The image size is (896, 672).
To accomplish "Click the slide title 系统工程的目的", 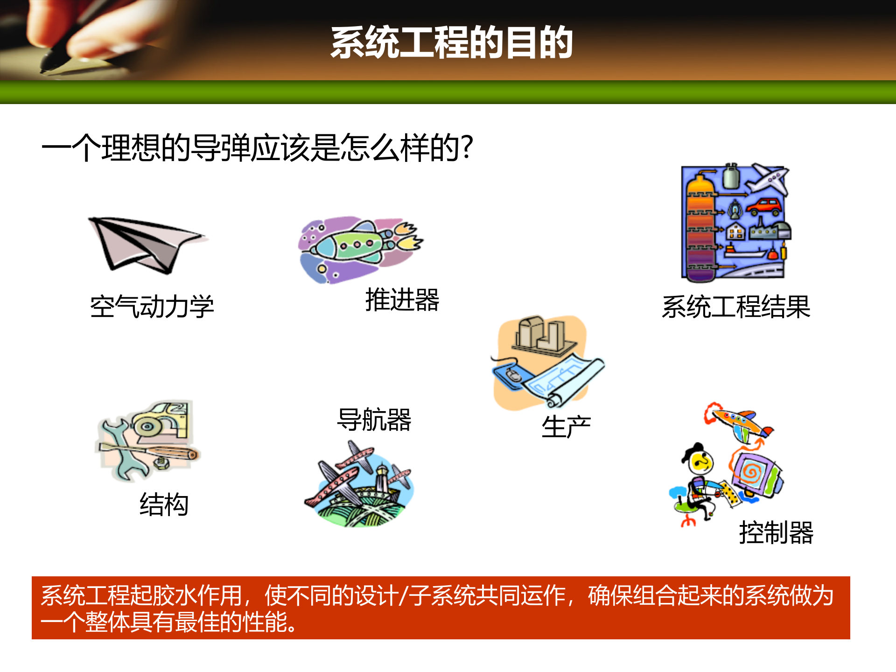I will [451, 42].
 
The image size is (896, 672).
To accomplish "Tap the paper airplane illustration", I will [145, 245].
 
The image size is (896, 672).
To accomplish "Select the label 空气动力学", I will [152, 307].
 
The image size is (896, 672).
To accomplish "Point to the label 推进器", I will [402, 300].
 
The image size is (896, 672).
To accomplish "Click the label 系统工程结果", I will [736, 307].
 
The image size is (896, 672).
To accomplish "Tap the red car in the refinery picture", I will [764, 206].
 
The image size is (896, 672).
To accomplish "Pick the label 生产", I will [566, 427].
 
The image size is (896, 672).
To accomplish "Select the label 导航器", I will [374, 420].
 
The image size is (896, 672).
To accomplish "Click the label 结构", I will [164, 504].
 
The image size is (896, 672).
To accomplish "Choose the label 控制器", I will [776, 532].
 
